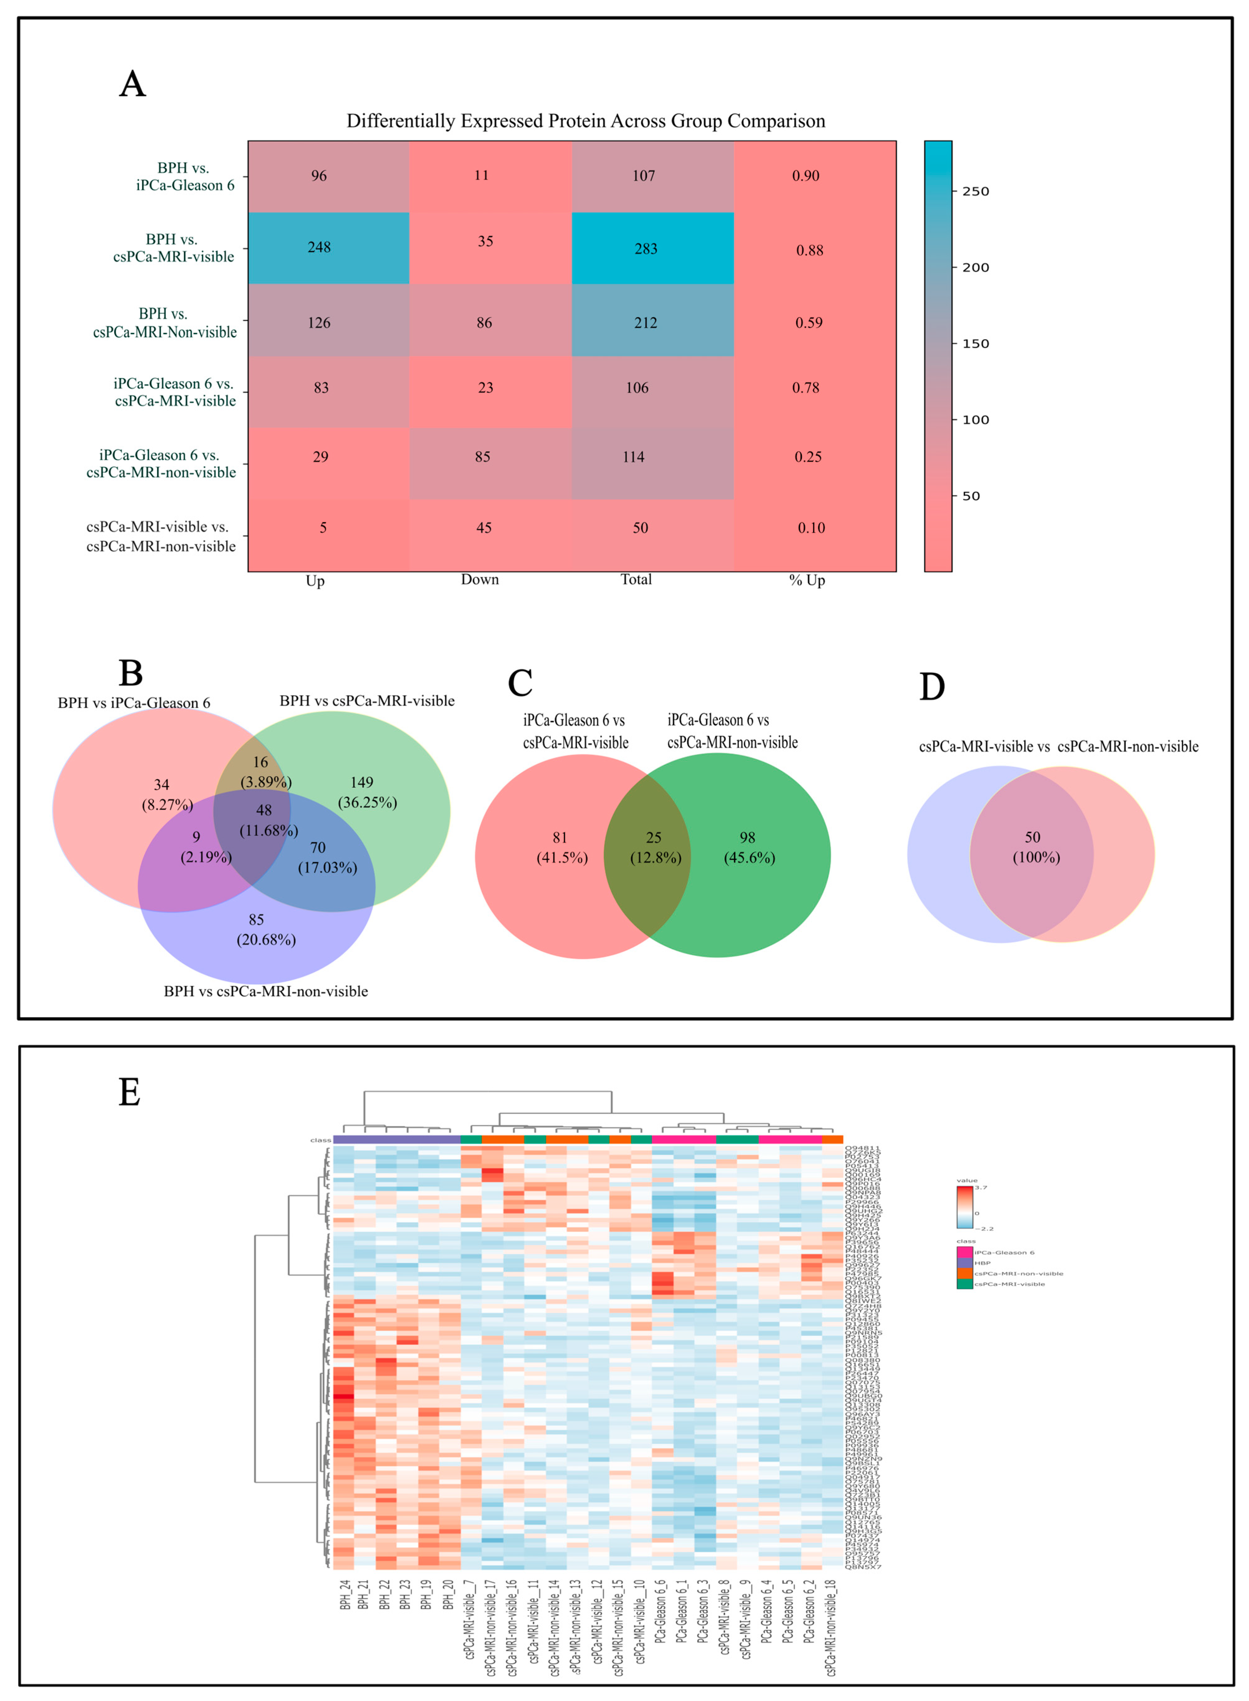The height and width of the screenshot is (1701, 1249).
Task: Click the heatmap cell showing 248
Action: pyautogui.click(x=319, y=247)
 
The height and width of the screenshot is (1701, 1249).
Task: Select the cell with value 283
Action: pyautogui.click(x=646, y=249)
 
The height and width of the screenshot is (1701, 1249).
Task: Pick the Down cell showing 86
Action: pyautogui.click(x=484, y=323)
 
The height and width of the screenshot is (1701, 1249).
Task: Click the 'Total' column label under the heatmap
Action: pyautogui.click(x=636, y=579)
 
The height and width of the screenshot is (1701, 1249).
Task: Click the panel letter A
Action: pyautogui.click(x=132, y=84)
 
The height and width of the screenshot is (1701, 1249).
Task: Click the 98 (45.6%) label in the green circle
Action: pyautogui.click(x=749, y=847)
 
